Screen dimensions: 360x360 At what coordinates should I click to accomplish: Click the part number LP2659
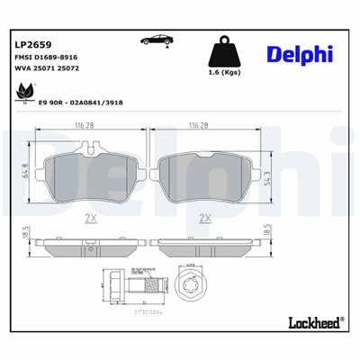pos(32,41)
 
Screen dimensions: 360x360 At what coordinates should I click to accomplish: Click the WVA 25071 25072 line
pos(47,68)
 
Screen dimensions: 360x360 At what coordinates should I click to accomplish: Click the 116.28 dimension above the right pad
pos(203,126)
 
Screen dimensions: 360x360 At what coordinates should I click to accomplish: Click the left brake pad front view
pos(92,175)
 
